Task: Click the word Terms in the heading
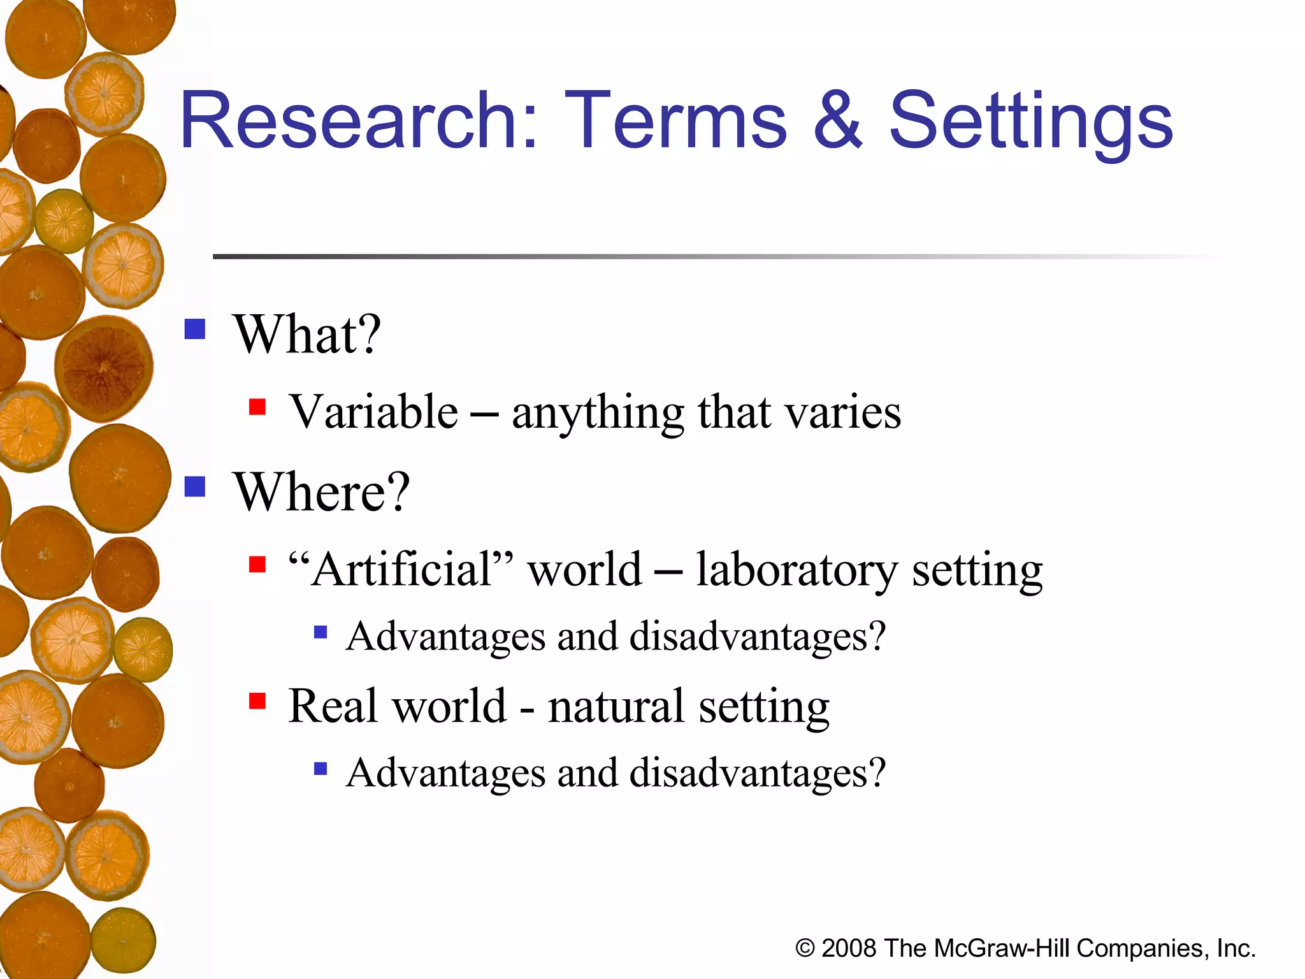click(675, 121)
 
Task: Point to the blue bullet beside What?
click(195, 330)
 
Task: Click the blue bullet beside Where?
click(195, 487)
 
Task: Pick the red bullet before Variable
click(257, 407)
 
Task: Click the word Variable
click(373, 412)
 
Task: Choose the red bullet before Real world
click(257, 701)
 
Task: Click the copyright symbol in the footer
click(805, 948)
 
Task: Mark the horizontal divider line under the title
click(701, 256)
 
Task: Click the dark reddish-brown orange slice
click(103, 368)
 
